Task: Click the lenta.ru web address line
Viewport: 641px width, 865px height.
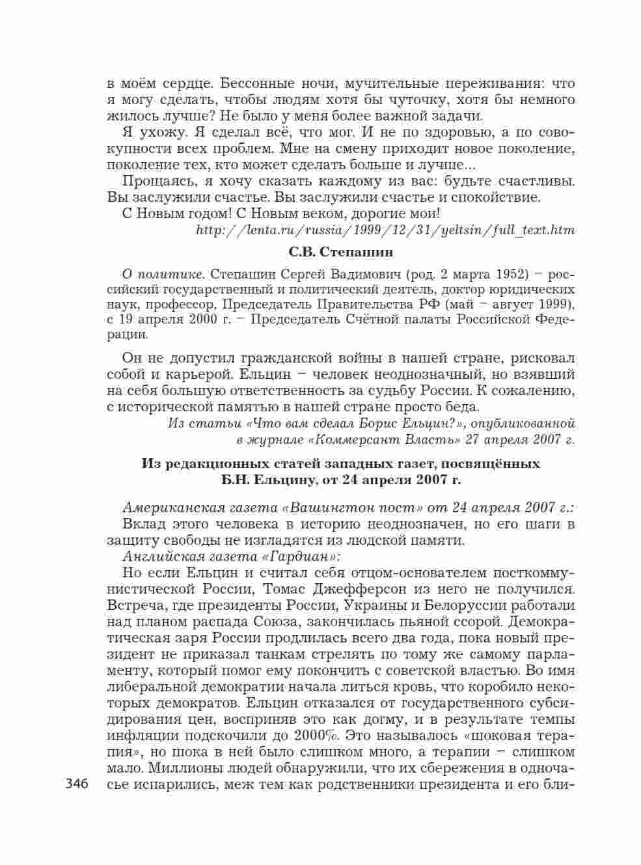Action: (385, 230)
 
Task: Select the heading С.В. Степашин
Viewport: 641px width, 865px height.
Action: (341, 251)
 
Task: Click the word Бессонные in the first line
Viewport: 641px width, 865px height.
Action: (257, 84)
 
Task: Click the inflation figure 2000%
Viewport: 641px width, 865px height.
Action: (315, 735)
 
